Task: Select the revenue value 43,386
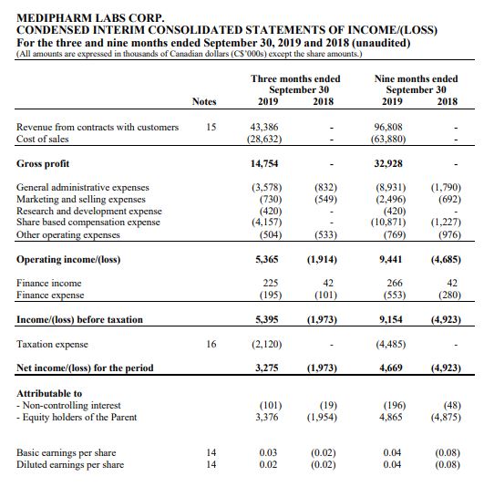coord(264,127)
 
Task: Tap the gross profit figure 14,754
coord(264,163)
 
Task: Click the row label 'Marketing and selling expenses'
coord(81,199)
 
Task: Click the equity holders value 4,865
coord(390,417)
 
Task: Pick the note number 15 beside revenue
coord(211,127)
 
